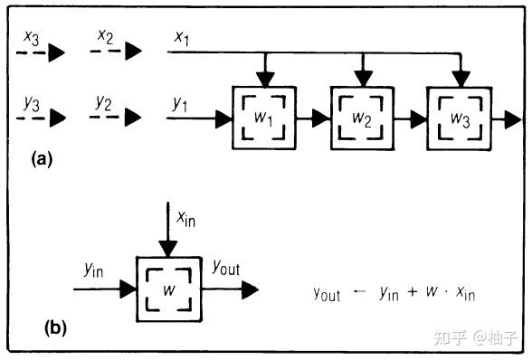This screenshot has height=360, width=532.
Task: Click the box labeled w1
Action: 263,118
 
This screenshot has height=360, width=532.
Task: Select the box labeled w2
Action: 362,118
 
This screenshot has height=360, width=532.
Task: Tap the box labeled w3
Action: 461,118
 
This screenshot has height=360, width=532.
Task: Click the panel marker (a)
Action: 43,159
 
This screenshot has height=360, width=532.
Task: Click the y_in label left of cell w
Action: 94,269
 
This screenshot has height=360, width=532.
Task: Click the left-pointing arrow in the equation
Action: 359,293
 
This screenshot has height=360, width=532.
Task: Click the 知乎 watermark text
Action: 450,338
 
